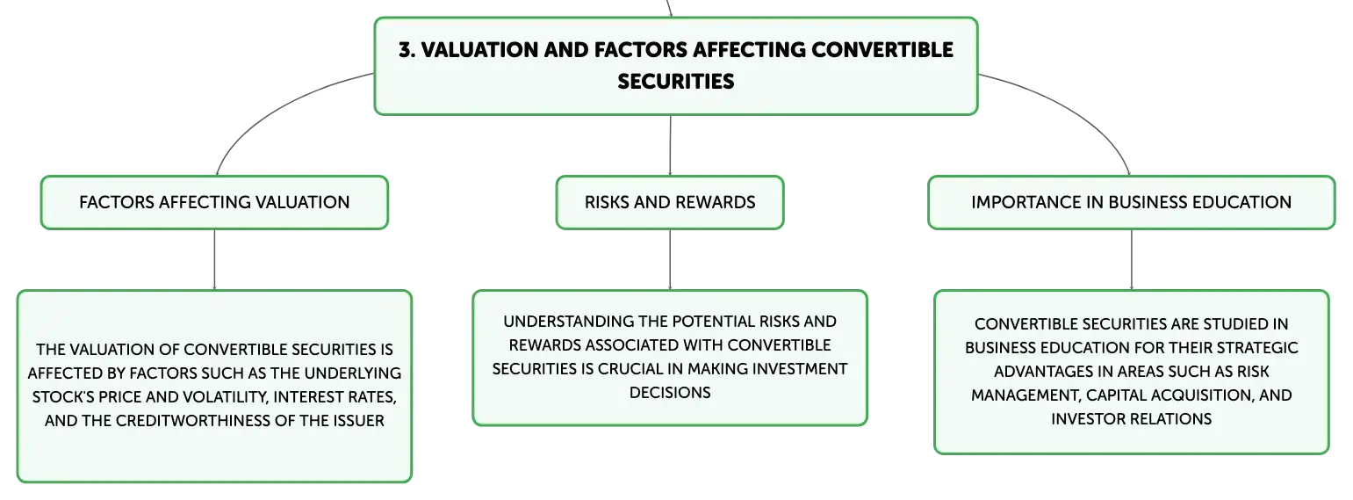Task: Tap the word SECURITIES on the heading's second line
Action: coord(675,81)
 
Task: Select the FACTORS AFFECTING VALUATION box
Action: coord(214,202)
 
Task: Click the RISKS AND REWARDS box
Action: coord(670,202)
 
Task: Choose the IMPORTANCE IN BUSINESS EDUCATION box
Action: coord(1132,202)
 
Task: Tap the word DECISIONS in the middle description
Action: coord(670,393)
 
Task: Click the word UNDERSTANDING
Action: coord(561,321)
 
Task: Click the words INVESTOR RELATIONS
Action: coord(1132,419)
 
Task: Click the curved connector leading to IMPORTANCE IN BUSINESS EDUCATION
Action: coord(1081,109)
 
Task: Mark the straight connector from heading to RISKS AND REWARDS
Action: coord(670,145)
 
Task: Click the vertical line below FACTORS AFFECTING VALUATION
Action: coord(214,259)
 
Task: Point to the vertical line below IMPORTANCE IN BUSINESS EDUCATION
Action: coord(1132,259)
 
